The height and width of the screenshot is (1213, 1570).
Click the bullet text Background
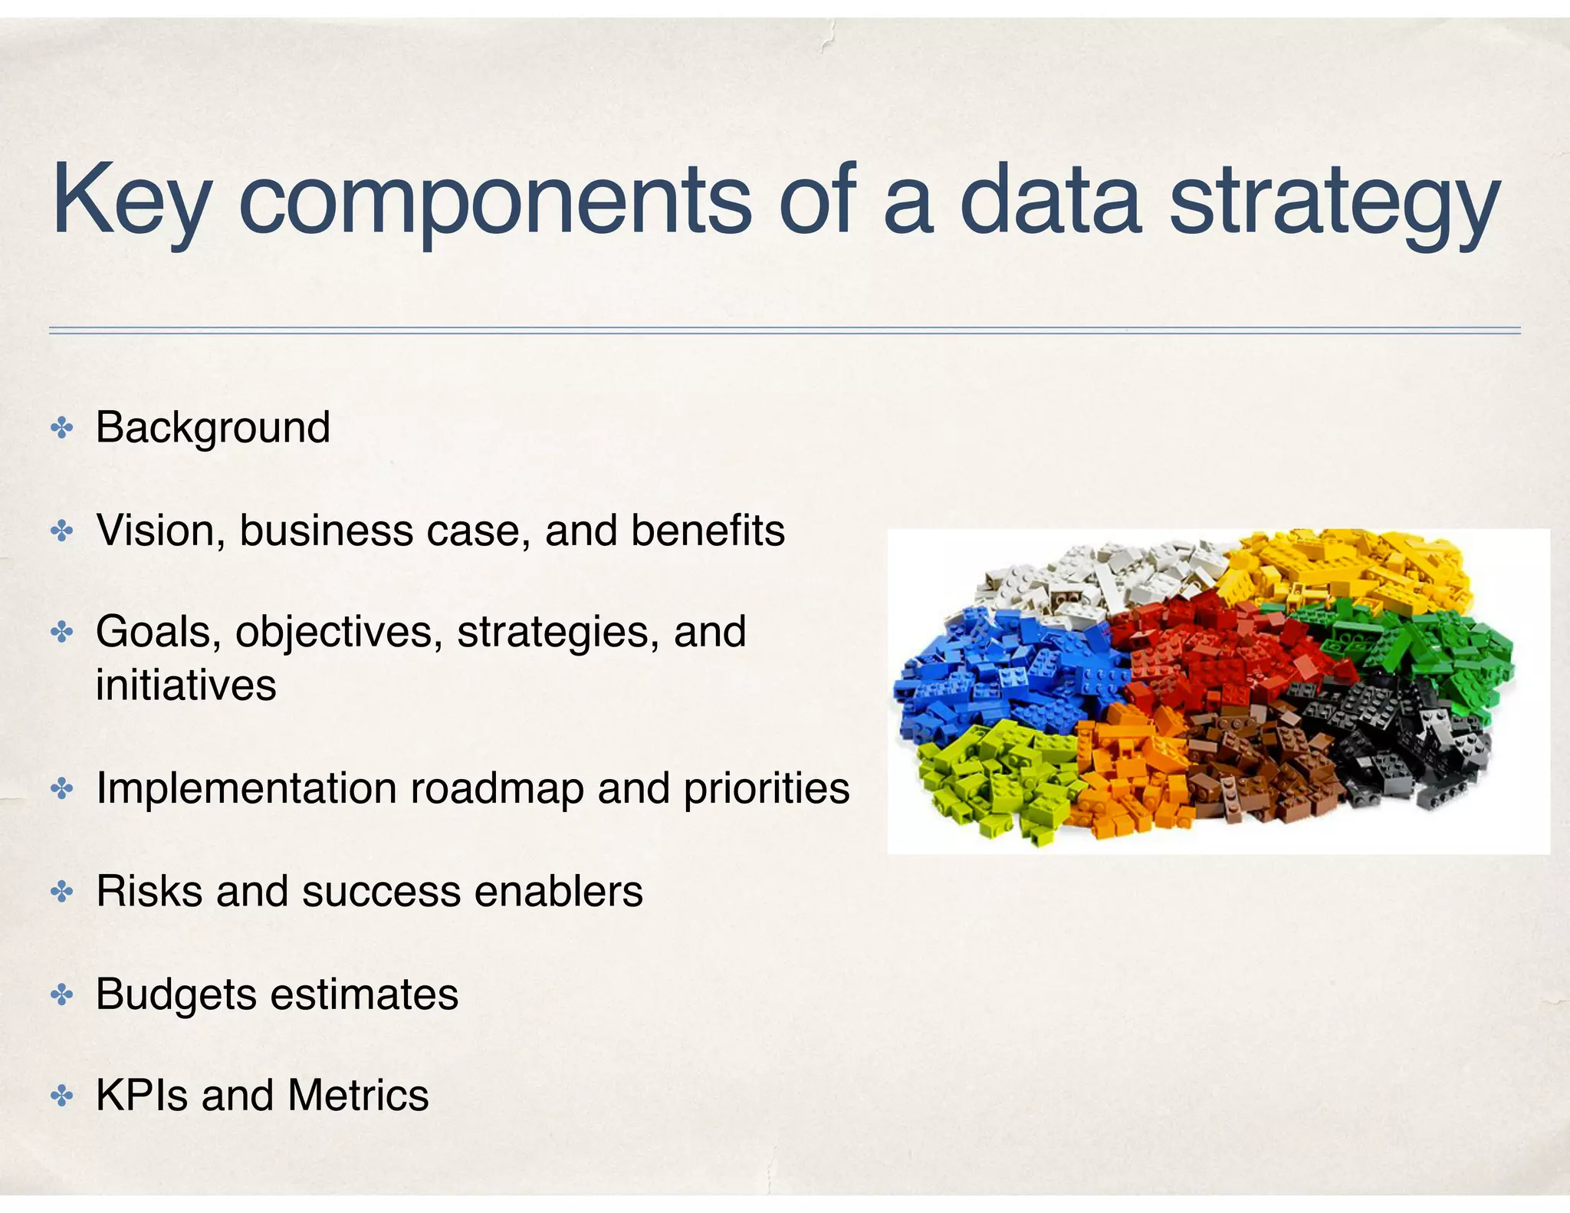coord(212,427)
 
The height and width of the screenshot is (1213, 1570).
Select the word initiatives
coord(186,685)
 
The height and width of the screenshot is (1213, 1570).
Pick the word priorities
coord(766,788)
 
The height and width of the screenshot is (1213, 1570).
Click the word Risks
coord(149,891)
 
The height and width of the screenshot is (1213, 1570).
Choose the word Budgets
coord(176,994)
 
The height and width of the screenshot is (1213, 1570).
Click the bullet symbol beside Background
coord(61,428)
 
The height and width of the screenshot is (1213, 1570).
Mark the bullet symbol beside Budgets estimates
coord(61,995)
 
